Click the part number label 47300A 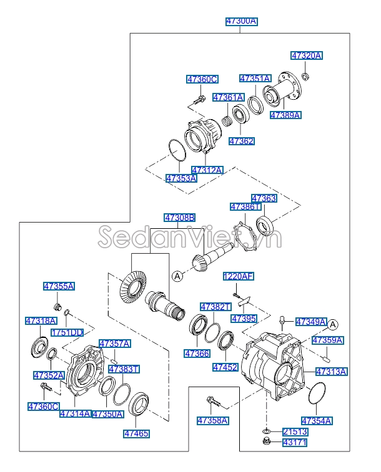(241, 21)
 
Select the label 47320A (307, 55)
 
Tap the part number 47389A (285, 115)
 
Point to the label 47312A (207, 170)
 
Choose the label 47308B (180, 218)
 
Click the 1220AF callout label (239, 276)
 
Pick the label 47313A (331, 372)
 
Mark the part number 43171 (295, 443)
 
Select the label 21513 (295, 431)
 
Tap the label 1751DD (67, 332)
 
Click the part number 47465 (137, 433)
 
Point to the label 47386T (245, 206)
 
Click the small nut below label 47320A (305, 77)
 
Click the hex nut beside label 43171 (266, 443)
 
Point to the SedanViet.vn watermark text (190, 238)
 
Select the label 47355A (59, 286)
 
